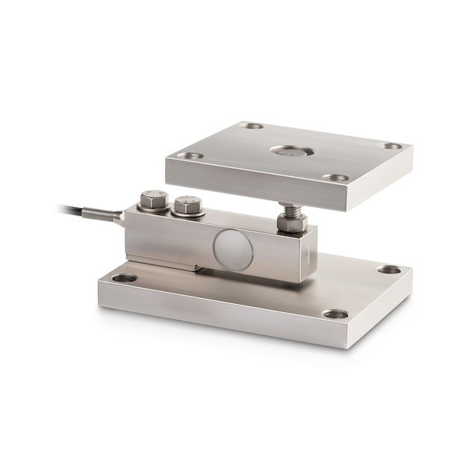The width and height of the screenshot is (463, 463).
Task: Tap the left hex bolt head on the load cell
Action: tap(153, 199)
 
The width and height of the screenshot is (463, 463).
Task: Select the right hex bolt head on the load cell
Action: tap(187, 203)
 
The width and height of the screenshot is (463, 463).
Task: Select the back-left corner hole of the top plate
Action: tap(254, 126)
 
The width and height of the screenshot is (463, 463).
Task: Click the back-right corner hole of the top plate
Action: tap(389, 146)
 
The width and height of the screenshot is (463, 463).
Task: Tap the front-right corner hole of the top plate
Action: tap(335, 178)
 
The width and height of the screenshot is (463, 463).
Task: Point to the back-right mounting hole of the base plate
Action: tap(388, 270)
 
